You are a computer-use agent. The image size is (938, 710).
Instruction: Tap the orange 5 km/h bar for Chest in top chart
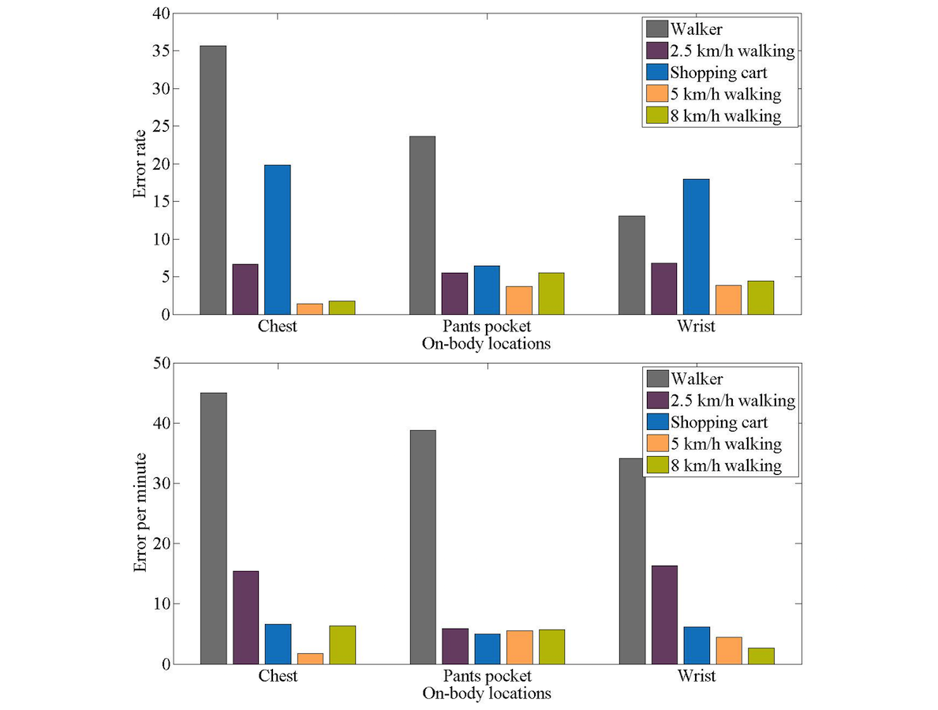[309, 309]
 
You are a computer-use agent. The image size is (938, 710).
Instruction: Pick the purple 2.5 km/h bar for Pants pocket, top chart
[454, 293]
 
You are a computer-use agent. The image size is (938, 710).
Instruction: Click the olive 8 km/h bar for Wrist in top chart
[760, 297]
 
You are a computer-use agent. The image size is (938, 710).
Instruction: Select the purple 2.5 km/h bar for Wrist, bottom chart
[664, 615]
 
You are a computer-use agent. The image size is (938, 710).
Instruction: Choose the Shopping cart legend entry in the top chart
[718, 73]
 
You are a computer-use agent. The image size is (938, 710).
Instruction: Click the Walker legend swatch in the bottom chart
[656, 379]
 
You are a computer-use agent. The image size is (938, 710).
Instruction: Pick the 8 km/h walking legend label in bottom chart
[726, 465]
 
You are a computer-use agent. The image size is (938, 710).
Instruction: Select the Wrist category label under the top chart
[696, 327]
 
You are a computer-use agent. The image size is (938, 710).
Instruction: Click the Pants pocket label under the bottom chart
[487, 677]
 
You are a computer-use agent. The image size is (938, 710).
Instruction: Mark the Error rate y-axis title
[141, 164]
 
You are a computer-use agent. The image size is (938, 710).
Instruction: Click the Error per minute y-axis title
[141, 513]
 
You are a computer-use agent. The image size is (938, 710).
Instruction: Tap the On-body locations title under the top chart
[487, 344]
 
